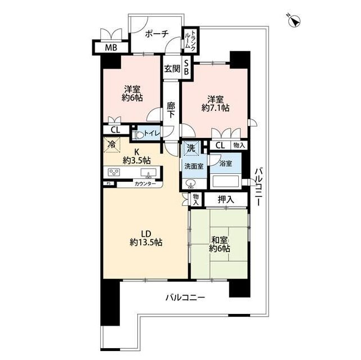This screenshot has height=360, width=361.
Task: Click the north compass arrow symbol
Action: pyautogui.click(x=294, y=21)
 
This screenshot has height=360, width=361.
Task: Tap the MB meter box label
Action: pyautogui.click(x=111, y=48)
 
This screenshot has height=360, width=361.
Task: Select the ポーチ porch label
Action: pyautogui.click(x=157, y=34)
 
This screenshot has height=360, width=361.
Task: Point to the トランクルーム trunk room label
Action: pyautogui.click(x=190, y=40)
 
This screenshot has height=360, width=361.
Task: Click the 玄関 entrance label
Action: pyautogui.click(x=172, y=69)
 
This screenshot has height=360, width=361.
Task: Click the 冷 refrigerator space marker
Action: pyautogui.click(x=112, y=145)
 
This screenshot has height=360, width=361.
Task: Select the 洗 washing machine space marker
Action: pyautogui.click(x=191, y=148)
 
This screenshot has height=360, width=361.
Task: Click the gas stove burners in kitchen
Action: pyautogui.click(x=114, y=172)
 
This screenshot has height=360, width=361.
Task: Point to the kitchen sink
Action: pyautogui.click(x=148, y=173)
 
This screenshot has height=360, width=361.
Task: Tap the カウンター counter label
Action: pyautogui.click(x=145, y=184)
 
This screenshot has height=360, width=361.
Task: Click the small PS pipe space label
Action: pyautogui.click(x=108, y=183)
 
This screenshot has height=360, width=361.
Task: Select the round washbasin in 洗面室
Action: pyautogui.click(x=190, y=183)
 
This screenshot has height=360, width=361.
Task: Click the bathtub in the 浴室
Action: pyautogui.click(x=226, y=181)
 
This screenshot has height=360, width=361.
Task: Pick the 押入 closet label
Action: pyautogui.click(x=226, y=199)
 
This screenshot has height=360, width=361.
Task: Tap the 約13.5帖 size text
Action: pyautogui.click(x=146, y=242)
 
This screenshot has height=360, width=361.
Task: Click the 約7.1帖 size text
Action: pyautogui.click(x=215, y=107)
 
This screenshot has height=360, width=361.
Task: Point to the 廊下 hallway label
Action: pyautogui.click(x=171, y=110)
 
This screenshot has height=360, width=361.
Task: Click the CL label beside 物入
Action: pyautogui.click(x=220, y=145)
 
